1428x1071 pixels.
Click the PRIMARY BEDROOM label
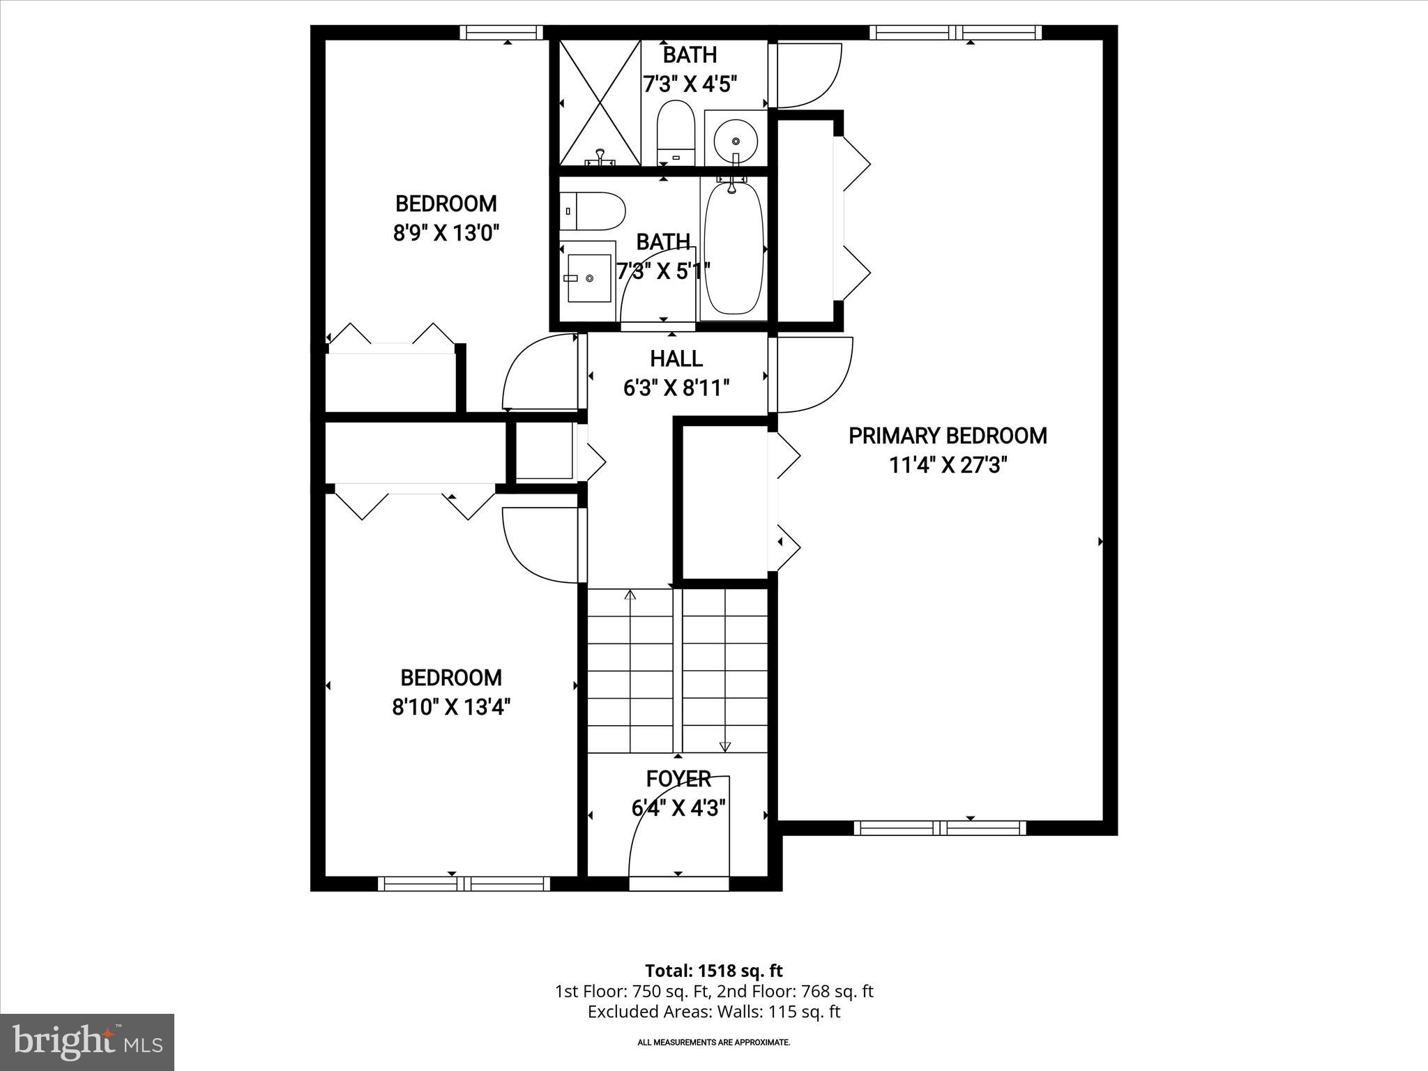[948, 436]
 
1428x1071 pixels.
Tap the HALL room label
[676, 359]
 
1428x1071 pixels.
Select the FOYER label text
[678, 779]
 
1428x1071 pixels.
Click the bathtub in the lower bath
[733, 249]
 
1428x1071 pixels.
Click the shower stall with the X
[600, 102]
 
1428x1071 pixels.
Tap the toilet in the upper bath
[676, 133]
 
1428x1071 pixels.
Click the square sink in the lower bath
[588, 278]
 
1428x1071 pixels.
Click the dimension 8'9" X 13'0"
[447, 233]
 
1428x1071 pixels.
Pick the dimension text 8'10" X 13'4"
[451, 708]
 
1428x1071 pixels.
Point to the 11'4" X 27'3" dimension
[948, 465]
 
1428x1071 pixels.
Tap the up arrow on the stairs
[630, 595]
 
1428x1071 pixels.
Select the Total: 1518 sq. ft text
[713, 971]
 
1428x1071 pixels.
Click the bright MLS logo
[87, 1042]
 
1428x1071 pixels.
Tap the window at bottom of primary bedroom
[940, 828]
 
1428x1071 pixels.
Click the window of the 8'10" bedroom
[464, 884]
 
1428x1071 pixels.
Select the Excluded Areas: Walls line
[713, 1012]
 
